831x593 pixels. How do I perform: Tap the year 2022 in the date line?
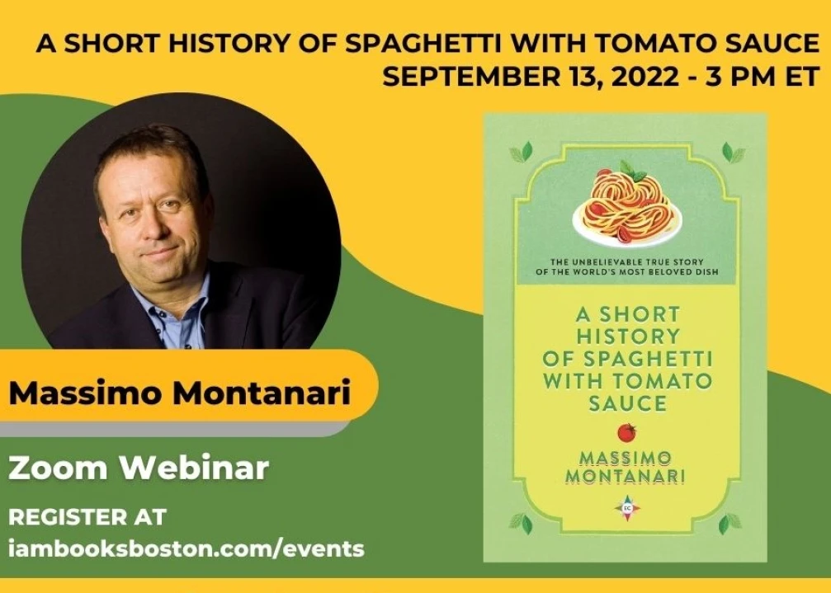coord(645,77)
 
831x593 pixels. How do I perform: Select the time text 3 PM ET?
coord(763,77)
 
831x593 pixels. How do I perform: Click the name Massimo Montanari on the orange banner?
coord(180,393)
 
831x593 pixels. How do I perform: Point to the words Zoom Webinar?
coord(139,468)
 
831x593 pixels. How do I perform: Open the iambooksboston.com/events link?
coord(187,548)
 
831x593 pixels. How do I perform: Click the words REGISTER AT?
coord(87,517)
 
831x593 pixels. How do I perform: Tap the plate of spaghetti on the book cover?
coord(627,205)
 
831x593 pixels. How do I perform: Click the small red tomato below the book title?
coord(627,432)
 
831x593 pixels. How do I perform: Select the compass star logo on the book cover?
coord(627,508)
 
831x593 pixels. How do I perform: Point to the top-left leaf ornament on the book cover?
coord(521,153)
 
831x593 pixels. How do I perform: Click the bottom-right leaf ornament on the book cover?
coord(731,523)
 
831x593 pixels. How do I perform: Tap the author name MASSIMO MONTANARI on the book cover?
coord(626,468)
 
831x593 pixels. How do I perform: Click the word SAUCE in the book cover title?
coord(627,403)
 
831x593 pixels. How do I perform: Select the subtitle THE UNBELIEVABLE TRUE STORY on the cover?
coord(627,261)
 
